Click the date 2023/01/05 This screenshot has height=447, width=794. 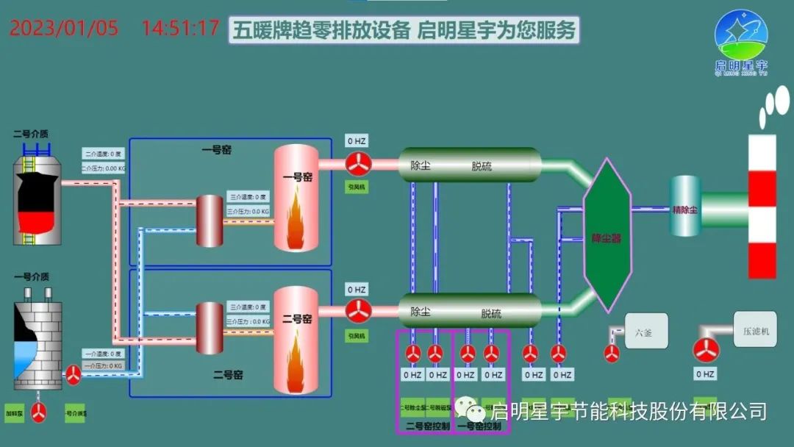pyautogui.click(x=64, y=29)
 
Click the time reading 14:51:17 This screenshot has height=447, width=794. pyautogui.click(x=180, y=29)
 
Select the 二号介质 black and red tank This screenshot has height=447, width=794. pyautogui.click(x=37, y=199)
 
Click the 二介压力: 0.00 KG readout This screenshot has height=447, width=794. pyautogui.click(x=104, y=168)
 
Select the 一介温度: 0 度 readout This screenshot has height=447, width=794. pyautogui.click(x=104, y=354)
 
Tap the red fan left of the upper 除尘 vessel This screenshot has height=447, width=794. pyautogui.click(x=360, y=163)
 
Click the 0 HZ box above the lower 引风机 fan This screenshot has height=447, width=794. pyautogui.click(x=357, y=290)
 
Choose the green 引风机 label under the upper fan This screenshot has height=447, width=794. pyautogui.click(x=357, y=187)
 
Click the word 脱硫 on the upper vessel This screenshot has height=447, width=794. pyautogui.click(x=482, y=166)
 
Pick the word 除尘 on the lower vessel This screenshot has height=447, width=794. pyautogui.click(x=421, y=312)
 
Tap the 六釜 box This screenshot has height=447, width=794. pyautogui.click(x=646, y=332)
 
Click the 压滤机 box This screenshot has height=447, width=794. pyautogui.click(x=754, y=331)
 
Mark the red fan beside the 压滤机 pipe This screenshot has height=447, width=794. pyautogui.click(x=705, y=351)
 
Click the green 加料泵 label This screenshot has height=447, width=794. pyautogui.click(x=15, y=412)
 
